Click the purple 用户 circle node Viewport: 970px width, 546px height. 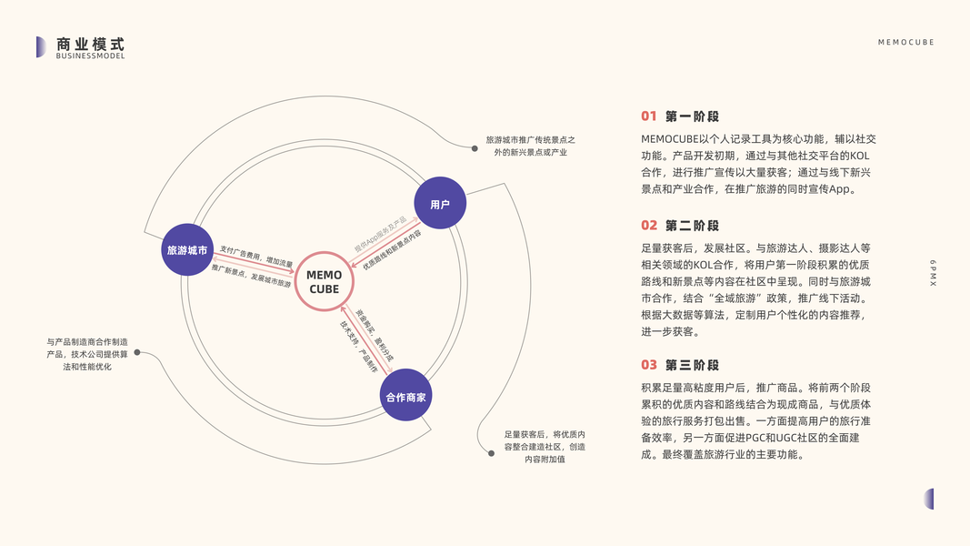(440, 204)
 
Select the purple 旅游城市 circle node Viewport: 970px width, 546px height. (187, 249)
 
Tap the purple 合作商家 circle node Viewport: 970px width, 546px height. (405, 396)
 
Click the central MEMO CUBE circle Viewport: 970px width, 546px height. (325, 282)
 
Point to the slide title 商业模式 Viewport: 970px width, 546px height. (90, 44)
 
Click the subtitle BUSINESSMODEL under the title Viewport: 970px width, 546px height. (90, 56)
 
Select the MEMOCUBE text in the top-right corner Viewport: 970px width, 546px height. (905, 43)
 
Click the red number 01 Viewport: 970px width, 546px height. (648, 116)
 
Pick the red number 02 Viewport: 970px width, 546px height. (648, 226)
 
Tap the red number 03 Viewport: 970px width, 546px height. (648, 365)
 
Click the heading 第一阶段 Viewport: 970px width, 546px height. (692, 116)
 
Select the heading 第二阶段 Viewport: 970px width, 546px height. (692, 226)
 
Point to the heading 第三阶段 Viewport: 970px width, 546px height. (692, 365)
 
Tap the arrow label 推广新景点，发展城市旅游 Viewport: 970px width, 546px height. (251, 276)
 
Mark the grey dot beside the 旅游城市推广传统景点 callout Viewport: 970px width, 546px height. (475, 147)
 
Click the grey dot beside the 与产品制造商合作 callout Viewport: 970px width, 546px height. (137, 352)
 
